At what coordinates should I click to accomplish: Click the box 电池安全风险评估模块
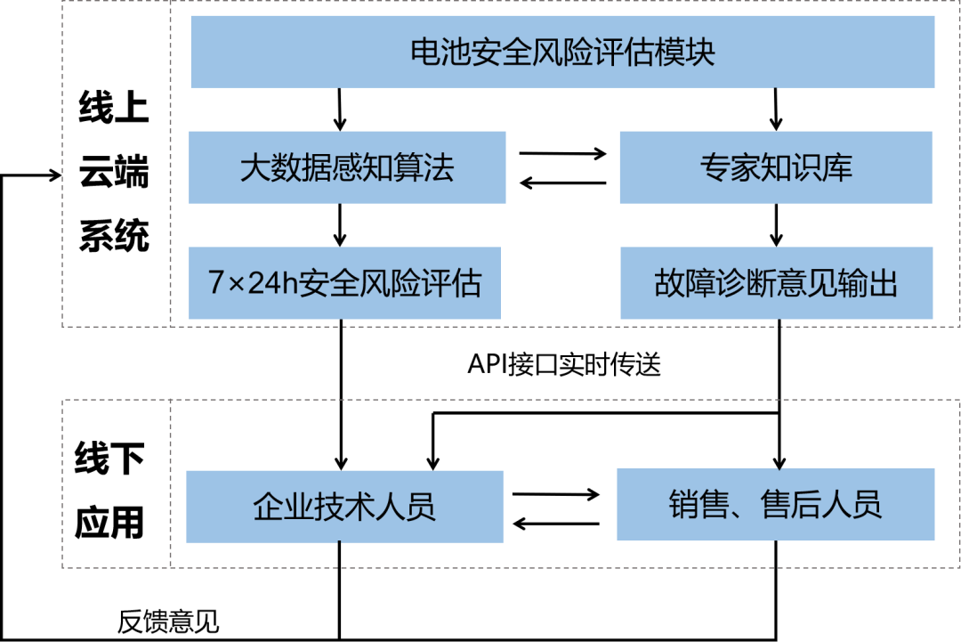tap(562, 52)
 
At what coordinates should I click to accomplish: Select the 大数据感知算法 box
tap(347, 167)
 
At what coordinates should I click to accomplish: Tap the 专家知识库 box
tap(776, 167)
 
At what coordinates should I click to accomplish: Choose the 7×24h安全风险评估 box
tap(345, 283)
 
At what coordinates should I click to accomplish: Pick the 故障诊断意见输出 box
tap(776, 283)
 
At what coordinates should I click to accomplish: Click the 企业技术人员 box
tap(344, 507)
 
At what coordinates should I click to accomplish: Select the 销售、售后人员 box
tap(776, 504)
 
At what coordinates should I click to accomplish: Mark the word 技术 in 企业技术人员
tap(344, 507)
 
